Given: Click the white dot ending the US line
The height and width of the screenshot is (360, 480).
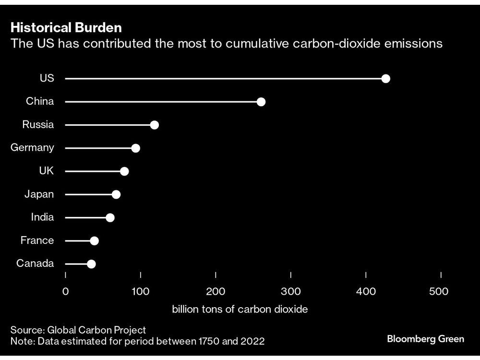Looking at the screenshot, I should point(385,79).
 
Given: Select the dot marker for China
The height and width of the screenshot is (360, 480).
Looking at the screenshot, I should point(261,102).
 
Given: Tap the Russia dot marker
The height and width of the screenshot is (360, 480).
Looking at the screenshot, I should point(154,125).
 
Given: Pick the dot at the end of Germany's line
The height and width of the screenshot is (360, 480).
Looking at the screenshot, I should point(136,148).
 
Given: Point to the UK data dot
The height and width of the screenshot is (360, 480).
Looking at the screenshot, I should point(124,171).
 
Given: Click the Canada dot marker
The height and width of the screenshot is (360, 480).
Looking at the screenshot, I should point(91,264).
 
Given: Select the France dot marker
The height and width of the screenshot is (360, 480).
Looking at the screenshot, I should point(94,240).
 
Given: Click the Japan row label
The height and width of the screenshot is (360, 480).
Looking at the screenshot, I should point(39,194).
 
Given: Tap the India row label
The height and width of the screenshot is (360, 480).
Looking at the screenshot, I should point(42,217).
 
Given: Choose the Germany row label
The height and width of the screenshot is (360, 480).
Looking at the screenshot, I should point(32,148).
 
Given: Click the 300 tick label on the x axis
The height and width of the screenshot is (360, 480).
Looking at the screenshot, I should point(291,292).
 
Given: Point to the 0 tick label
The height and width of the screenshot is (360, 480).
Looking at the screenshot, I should point(66,292).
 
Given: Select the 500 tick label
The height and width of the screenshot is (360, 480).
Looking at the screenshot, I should point(439,292).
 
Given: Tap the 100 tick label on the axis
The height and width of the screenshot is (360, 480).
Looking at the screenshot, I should point(141,292).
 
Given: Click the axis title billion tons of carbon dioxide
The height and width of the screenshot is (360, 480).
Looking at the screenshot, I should point(240,309).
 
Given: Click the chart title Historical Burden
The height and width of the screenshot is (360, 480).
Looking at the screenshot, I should point(66,27).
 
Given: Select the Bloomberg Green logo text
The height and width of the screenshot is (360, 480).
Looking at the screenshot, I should point(425,339).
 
